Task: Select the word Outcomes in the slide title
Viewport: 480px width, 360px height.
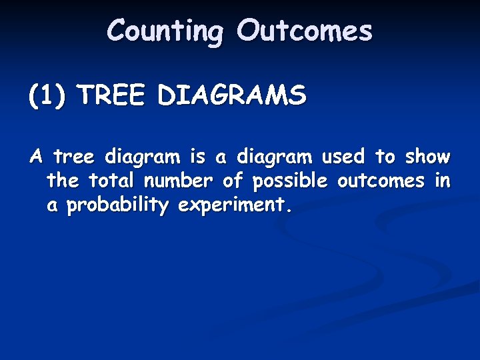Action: click(x=305, y=31)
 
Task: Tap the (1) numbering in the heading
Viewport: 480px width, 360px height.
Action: click(x=47, y=96)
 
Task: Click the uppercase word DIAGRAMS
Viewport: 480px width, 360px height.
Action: click(x=232, y=96)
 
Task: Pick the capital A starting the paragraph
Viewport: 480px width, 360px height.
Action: click(x=37, y=157)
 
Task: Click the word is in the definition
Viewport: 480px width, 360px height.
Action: click(x=198, y=157)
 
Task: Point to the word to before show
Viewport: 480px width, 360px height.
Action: click(x=385, y=157)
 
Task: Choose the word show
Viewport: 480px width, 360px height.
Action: click(x=428, y=157)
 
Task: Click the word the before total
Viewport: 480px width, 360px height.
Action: click(x=63, y=181)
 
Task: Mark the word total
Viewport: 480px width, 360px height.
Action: click(x=111, y=181)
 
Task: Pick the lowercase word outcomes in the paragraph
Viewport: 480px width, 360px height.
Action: click(x=381, y=181)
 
